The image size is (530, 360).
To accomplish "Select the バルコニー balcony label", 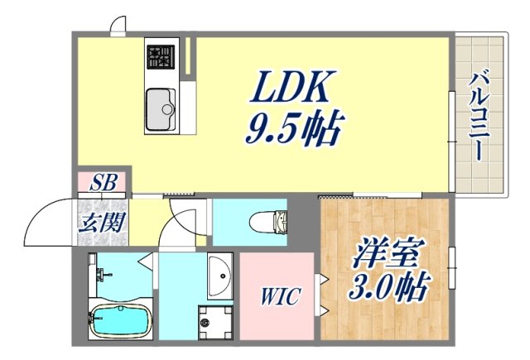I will [479, 116].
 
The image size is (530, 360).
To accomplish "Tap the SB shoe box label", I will [104, 180].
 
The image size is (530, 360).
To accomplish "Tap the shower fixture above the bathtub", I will [99, 273].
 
